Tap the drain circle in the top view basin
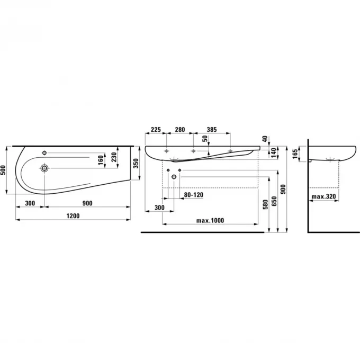point(44,168)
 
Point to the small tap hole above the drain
point(45,151)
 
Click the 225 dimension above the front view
point(156,130)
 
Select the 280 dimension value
point(180,130)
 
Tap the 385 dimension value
point(212,130)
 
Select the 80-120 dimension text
point(194,195)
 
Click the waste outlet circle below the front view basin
point(173,176)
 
